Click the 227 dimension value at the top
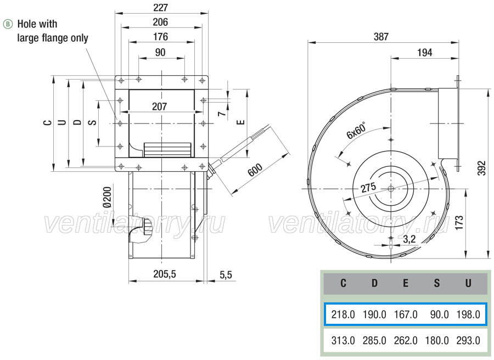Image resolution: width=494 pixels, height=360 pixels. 161,7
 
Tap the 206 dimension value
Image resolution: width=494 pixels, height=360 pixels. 160,22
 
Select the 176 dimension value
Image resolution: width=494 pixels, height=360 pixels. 160,37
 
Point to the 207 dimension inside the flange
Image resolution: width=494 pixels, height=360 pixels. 159,106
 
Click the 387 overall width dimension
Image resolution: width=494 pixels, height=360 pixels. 381,37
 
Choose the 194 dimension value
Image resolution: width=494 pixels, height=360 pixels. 425,53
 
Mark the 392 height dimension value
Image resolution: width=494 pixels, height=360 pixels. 482,168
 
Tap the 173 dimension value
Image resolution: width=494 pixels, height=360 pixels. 459,222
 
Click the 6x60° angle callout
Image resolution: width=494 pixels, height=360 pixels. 356,131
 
